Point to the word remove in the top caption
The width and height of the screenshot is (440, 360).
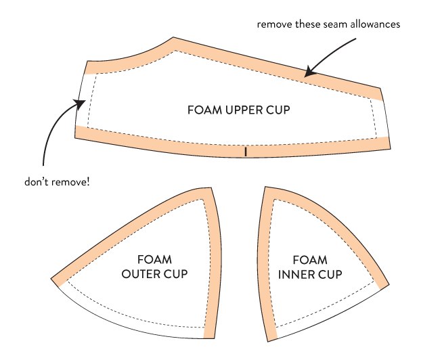[274, 24]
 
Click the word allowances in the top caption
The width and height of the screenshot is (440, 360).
[375, 24]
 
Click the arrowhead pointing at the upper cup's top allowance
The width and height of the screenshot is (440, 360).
[309, 72]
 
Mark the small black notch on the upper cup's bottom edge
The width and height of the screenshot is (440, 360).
[246, 152]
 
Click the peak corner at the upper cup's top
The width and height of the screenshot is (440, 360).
[173, 37]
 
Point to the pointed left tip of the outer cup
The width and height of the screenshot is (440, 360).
[51, 279]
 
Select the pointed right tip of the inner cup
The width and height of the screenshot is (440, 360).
[389, 284]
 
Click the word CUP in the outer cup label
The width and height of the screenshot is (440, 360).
[176, 274]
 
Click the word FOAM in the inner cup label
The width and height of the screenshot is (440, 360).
[310, 260]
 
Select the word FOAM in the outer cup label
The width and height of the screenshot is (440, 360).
[154, 260]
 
